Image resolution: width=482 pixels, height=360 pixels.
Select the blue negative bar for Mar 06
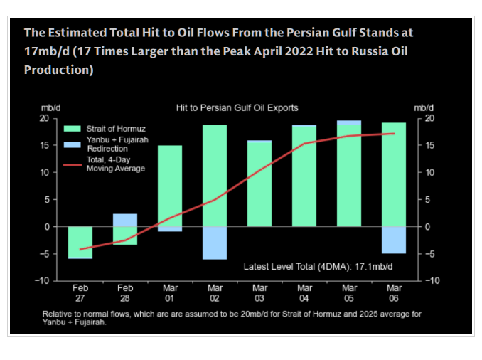click(x=393, y=240)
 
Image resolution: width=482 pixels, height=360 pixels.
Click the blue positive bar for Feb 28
click(x=125, y=220)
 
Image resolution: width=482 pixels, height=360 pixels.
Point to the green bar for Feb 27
click(x=80, y=241)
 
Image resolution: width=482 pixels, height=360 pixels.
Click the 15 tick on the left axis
click(x=44, y=145)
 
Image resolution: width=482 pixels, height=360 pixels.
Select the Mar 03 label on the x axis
click(x=259, y=292)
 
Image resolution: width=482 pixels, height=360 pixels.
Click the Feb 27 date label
click(x=80, y=292)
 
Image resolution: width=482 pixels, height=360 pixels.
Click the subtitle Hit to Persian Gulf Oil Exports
click(x=237, y=107)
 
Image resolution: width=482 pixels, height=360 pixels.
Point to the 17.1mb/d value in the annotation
click(x=374, y=266)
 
